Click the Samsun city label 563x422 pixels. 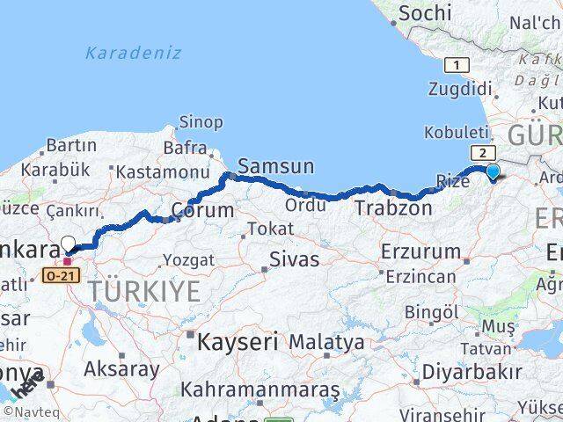coord(275,166)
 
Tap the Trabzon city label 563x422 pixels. coord(393,208)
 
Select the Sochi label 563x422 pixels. coord(425,13)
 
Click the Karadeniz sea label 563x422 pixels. coord(134,53)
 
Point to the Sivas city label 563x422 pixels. coord(294,259)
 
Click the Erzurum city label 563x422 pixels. coord(420,251)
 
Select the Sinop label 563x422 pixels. coord(201,122)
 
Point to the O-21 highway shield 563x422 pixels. coord(55,276)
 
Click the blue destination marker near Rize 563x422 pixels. coord(493,172)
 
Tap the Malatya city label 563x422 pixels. coord(326,341)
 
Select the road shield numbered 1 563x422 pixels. coord(456,64)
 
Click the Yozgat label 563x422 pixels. coord(188,259)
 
